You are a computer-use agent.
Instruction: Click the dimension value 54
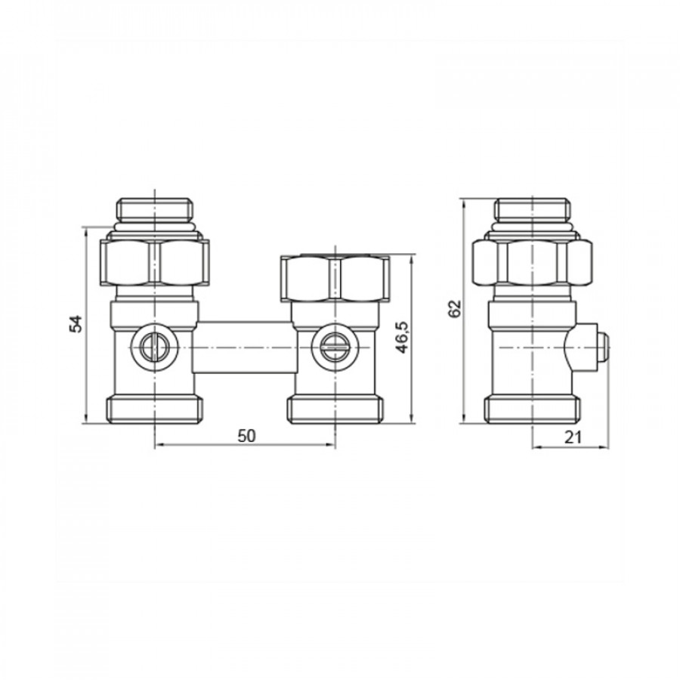click(76, 324)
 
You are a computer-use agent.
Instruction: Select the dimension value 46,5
click(403, 338)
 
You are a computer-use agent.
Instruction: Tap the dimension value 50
click(246, 436)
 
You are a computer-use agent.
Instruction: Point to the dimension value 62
click(455, 308)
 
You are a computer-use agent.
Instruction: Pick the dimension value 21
click(573, 437)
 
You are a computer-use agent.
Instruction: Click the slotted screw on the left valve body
click(154, 348)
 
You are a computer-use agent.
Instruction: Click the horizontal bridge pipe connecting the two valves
click(245, 348)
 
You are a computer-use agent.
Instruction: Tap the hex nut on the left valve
click(154, 262)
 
